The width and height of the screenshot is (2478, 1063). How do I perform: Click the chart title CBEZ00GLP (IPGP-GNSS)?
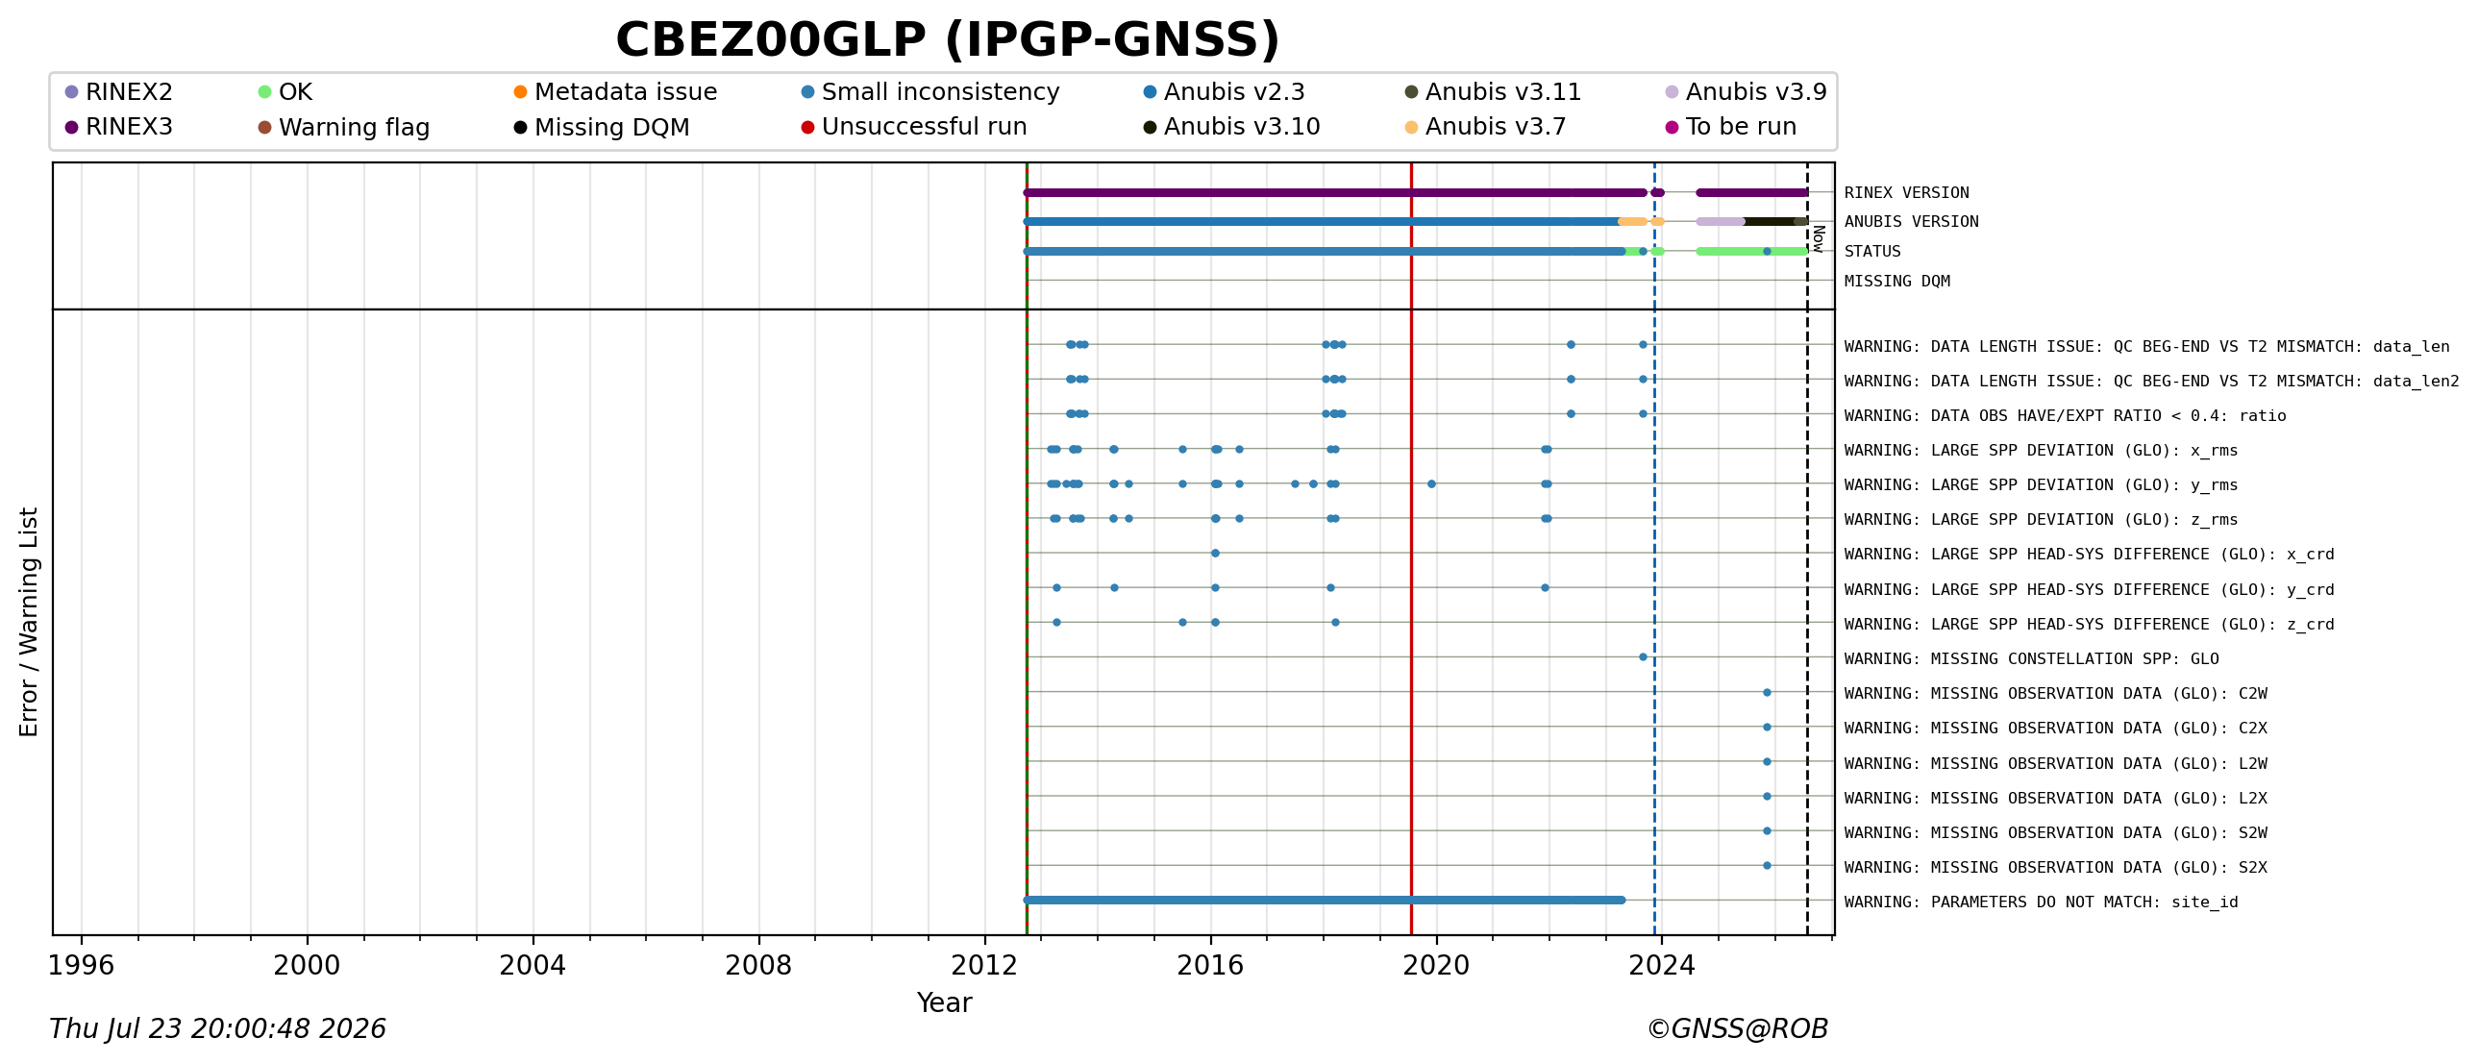coord(948,40)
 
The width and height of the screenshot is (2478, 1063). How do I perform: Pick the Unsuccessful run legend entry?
coord(914,127)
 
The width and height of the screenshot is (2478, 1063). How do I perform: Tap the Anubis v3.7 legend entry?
coord(1485,127)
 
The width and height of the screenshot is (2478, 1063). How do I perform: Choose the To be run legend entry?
coord(1730,127)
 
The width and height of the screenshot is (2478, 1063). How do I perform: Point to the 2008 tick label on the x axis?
coord(758,965)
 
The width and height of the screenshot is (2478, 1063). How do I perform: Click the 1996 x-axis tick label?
coord(81,965)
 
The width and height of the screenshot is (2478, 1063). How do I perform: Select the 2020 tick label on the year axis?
coord(1436,965)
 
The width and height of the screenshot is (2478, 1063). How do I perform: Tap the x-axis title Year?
coord(944,1002)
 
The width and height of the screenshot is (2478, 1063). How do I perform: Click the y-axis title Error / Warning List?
coord(29,623)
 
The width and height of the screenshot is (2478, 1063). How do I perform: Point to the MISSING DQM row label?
coord(1897,281)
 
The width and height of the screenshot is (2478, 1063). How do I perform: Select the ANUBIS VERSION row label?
coord(1912,221)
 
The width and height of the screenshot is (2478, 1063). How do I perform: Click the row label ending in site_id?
coord(2041,902)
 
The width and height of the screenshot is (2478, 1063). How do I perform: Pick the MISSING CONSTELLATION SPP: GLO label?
coord(2031,659)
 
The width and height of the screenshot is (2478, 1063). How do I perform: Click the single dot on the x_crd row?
coord(1215,554)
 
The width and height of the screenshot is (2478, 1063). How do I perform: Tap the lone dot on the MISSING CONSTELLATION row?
coord(1643,657)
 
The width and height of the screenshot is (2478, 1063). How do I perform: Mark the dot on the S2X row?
coord(1767,866)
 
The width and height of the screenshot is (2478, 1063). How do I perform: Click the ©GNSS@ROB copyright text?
coord(1737,1028)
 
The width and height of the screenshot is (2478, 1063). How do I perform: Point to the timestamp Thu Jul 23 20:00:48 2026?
coord(217,1028)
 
